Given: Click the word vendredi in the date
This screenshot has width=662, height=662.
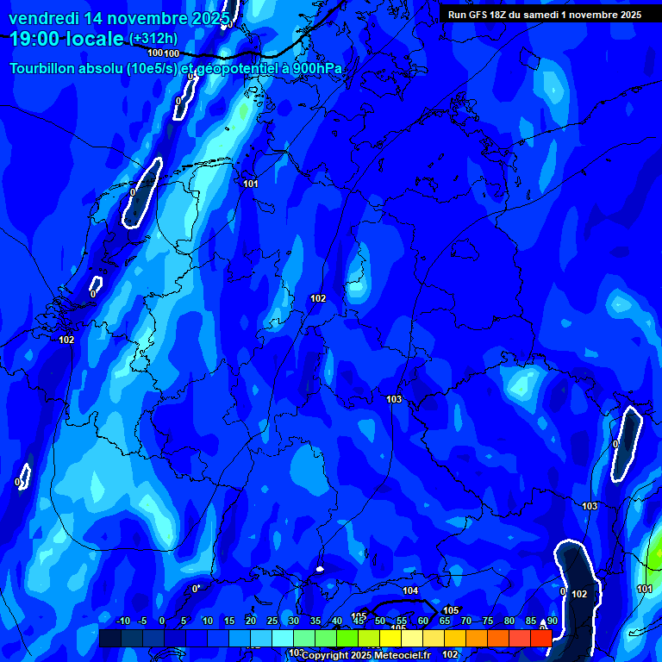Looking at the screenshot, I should [44, 18].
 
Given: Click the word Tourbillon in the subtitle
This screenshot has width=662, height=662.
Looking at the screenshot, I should [44, 68].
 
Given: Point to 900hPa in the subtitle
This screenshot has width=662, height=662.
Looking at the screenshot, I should [317, 68].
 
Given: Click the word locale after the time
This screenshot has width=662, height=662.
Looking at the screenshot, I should [97, 39].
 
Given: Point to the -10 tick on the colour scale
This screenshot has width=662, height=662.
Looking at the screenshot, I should [122, 621].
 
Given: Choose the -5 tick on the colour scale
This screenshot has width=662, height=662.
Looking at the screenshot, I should [142, 621].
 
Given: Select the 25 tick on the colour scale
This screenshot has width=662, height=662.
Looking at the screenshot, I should [272, 621].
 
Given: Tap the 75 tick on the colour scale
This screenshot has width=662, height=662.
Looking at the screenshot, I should [488, 621].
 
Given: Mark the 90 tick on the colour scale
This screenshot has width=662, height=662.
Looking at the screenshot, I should [552, 621].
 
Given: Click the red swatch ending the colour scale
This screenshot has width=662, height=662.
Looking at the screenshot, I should [540, 638].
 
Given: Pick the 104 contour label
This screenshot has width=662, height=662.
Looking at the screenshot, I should [410, 590].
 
